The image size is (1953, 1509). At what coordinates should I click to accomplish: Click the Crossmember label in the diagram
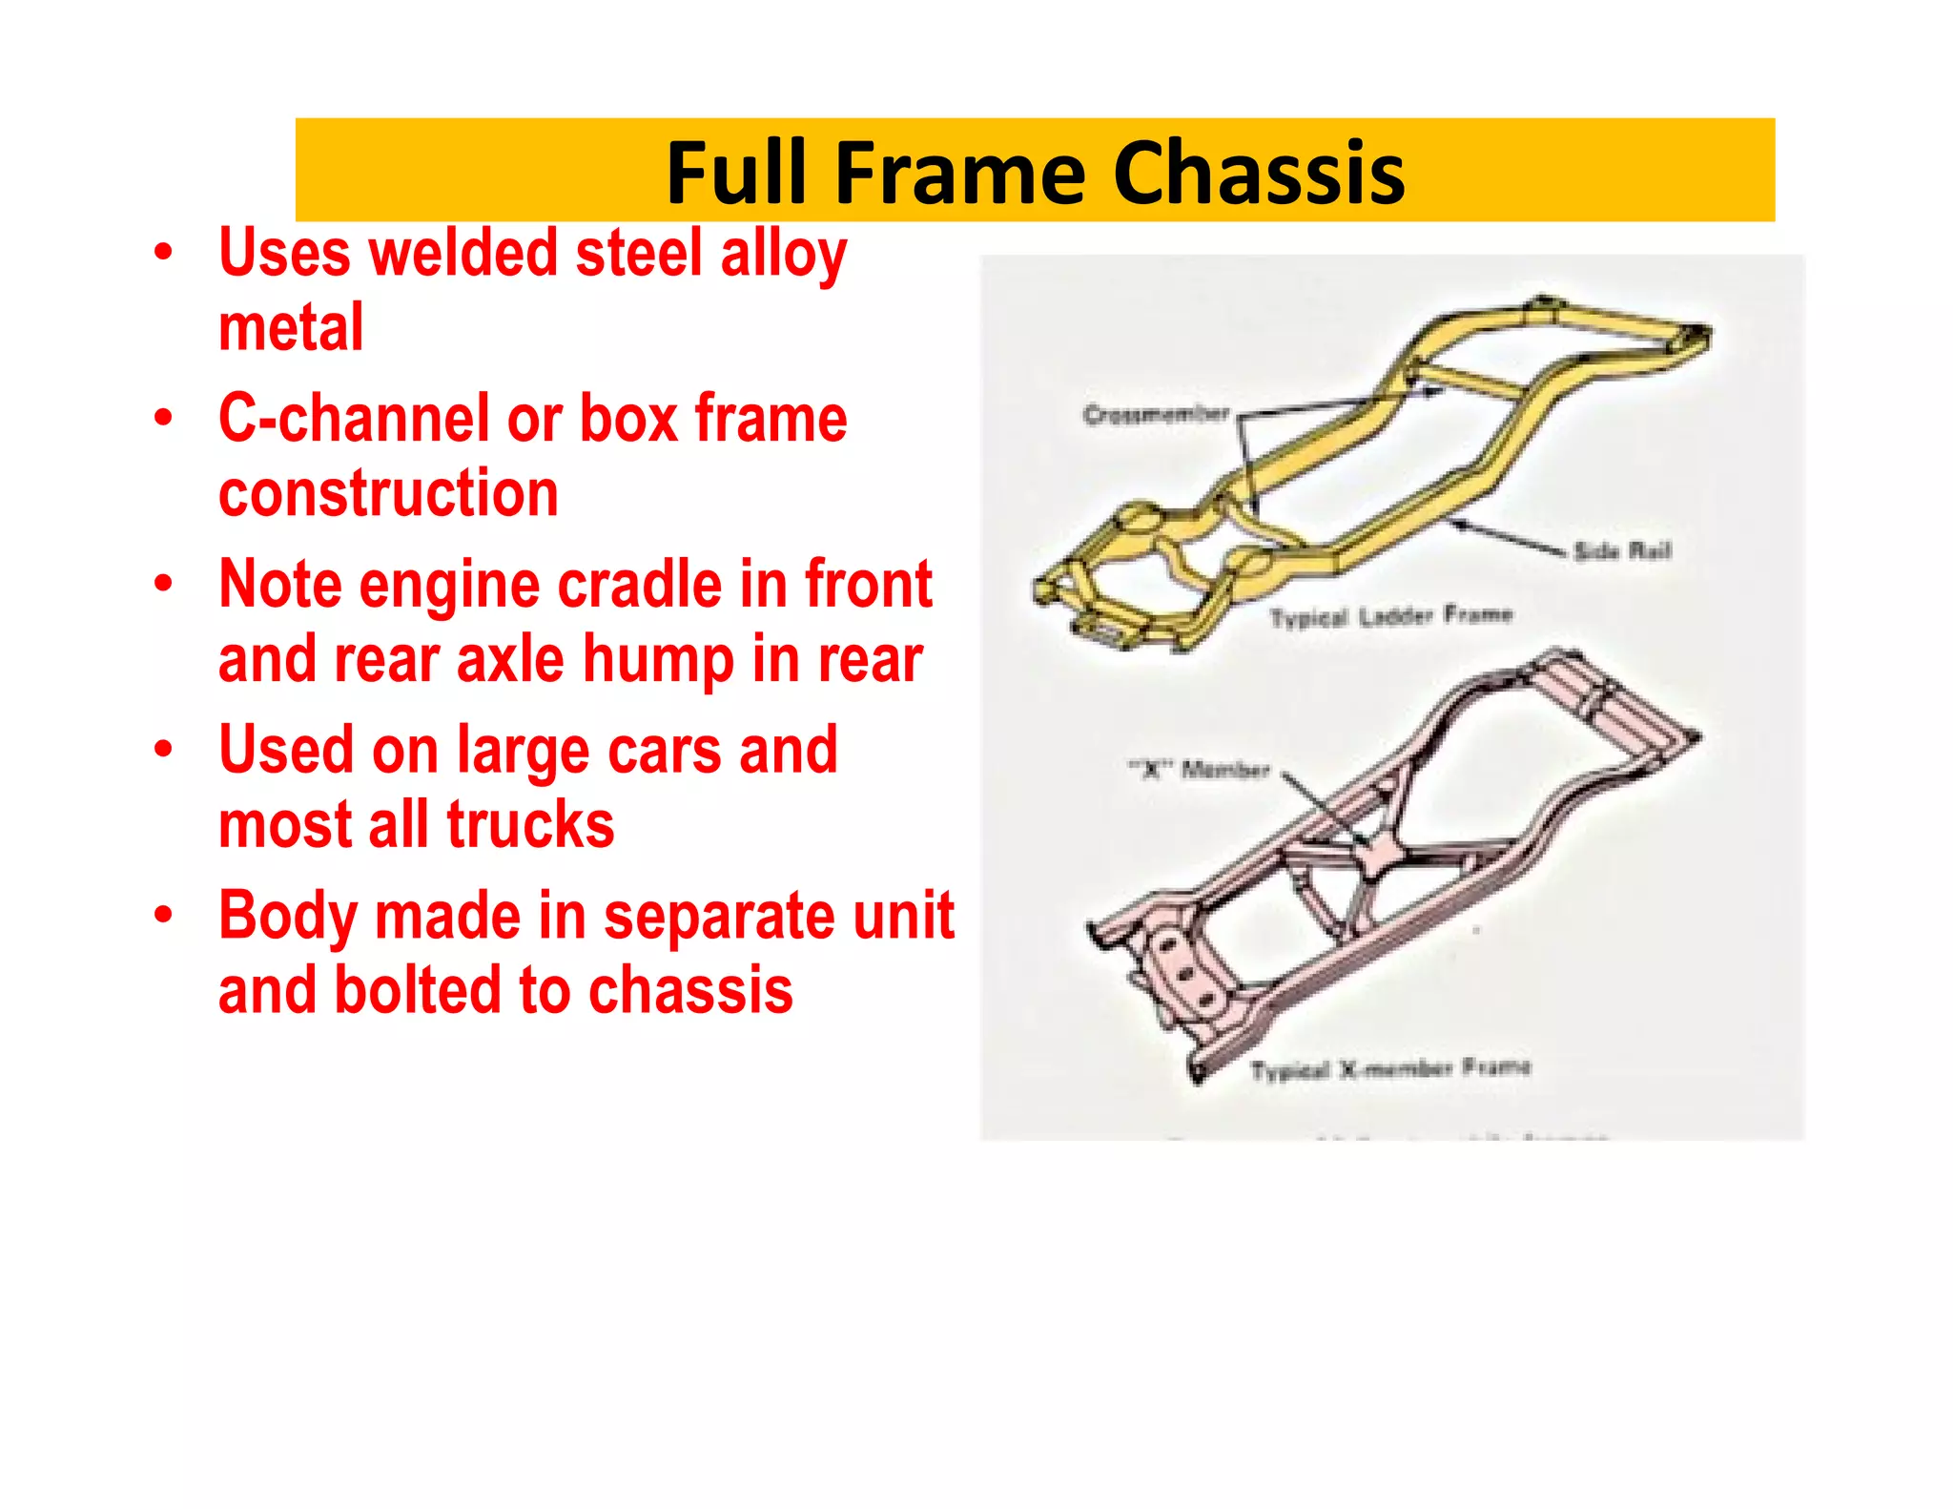point(1156,415)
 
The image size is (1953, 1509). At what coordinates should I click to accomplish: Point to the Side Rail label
point(1622,550)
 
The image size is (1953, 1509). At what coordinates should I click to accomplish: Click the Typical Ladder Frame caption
point(1390,616)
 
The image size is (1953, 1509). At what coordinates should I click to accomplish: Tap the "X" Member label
point(1199,769)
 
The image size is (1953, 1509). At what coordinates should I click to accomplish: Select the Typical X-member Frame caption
point(1389,1068)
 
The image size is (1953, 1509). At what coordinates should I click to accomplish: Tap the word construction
point(388,493)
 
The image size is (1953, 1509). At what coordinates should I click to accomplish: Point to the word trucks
point(530,825)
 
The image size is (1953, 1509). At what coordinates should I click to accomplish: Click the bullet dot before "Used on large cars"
point(164,750)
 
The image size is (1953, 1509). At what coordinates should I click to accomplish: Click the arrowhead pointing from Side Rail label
point(1455,521)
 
